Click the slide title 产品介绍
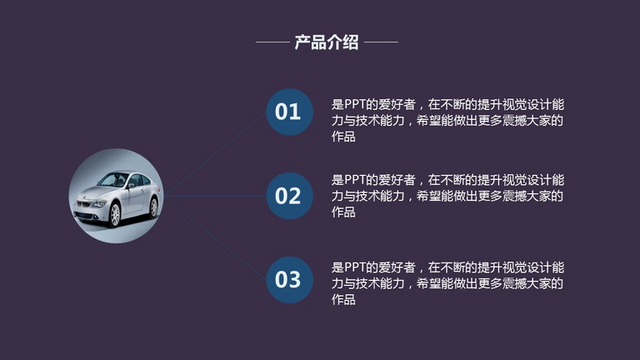pos(327,42)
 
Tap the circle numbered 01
pos(289,112)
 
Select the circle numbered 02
pos(289,196)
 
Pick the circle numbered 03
pos(289,280)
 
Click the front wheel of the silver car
pos(115,214)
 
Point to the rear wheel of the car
pos(153,207)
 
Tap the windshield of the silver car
pos(112,180)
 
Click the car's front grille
pos(83,202)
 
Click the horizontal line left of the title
pos(272,42)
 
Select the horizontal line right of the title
pos(381,42)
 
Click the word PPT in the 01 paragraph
pos(355,104)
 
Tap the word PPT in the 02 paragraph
pos(355,180)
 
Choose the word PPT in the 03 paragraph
pos(355,267)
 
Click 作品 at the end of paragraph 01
pos(343,137)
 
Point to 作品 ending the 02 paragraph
pos(343,212)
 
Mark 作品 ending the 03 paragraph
pos(343,299)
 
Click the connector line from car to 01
pos(215,154)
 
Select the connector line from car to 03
pos(215,238)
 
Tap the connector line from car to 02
pos(215,196)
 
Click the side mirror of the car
pos(131,186)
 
